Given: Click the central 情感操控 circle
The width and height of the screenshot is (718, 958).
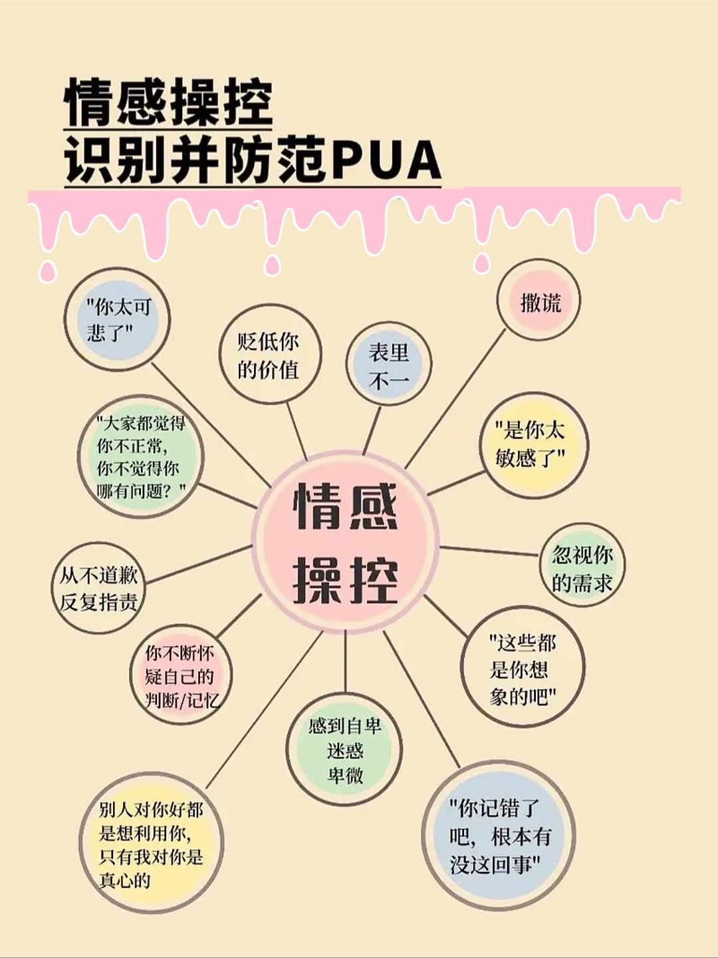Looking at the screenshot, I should click(x=345, y=543).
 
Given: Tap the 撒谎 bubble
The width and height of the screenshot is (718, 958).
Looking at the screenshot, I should click(x=539, y=301).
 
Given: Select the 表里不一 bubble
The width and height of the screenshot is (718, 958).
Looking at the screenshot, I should click(x=389, y=365).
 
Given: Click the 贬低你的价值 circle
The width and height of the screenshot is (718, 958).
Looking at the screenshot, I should click(x=269, y=355).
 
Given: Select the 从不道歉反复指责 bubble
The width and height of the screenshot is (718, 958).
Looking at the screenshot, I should click(x=99, y=587).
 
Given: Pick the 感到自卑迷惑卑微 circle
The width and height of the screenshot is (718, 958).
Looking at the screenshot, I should click(x=344, y=749).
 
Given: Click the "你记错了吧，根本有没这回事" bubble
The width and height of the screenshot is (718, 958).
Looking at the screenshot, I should click(x=499, y=836).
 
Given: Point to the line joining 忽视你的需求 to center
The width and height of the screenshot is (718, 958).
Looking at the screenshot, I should click(x=489, y=550).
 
